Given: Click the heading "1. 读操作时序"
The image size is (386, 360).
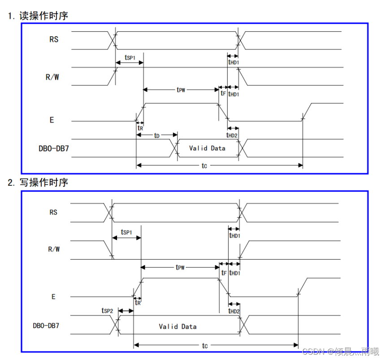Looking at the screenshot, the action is click(x=38, y=16).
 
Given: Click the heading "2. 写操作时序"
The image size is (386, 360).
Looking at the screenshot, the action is click(x=38, y=183).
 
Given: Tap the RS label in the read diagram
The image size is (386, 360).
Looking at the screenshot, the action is click(x=54, y=39).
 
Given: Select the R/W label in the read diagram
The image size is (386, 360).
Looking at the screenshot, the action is click(x=52, y=77).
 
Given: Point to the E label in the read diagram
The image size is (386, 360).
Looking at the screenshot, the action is click(x=52, y=120).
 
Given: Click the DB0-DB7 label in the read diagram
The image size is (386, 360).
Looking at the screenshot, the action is click(x=54, y=148).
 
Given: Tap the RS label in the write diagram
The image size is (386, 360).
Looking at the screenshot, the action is click(x=53, y=212).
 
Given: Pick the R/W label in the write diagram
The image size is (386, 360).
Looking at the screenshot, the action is click(x=53, y=249).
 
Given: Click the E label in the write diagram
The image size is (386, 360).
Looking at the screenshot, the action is click(x=53, y=296).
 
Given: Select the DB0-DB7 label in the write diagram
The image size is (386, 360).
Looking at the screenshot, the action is click(x=46, y=326).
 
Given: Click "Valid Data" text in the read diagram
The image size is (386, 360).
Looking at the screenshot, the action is click(x=207, y=148).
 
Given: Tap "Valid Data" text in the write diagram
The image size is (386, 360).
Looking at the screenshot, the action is click(x=178, y=326).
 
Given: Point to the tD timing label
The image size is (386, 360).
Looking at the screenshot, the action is click(x=157, y=135).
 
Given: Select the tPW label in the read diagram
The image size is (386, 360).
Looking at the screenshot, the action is click(x=180, y=90).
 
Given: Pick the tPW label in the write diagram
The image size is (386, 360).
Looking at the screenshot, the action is click(x=180, y=267).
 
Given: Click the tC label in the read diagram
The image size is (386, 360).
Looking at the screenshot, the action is click(x=204, y=166).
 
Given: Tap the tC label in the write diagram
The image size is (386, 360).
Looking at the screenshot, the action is click(x=204, y=346).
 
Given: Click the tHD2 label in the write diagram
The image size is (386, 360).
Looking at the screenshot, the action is click(x=234, y=311).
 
